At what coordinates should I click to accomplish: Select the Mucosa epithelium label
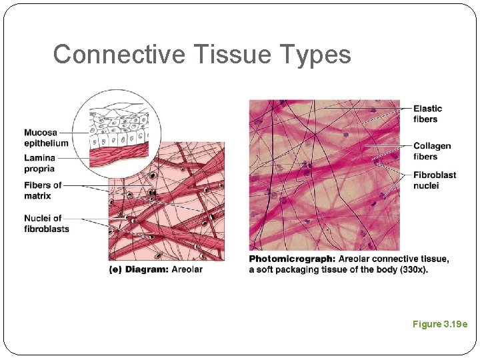tap(46, 137)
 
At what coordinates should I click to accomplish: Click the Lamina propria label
tap(39, 163)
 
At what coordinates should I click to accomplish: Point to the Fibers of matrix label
tap(43, 190)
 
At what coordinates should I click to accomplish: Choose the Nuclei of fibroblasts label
tap(46, 223)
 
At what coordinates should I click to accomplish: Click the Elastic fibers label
tap(427, 114)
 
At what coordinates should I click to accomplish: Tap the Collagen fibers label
tap(431, 151)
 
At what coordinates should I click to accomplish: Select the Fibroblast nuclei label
tap(434, 180)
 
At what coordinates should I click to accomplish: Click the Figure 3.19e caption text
tap(440, 324)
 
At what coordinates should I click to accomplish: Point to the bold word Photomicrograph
tap(291, 259)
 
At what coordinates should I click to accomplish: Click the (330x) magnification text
tap(413, 269)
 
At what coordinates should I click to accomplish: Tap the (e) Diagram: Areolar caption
tap(155, 269)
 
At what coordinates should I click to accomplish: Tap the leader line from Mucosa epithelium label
tap(79, 132)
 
